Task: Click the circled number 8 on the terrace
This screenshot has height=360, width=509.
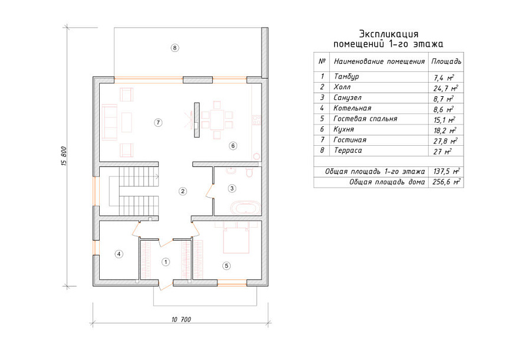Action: pyautogui.click(x=175, y=48)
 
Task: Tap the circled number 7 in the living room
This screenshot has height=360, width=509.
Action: pyautogui.click(x=158, y=123)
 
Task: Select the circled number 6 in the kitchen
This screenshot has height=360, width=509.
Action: pyautogui.click(x=233, y=146)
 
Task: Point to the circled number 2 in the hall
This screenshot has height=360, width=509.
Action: pyautogui.click(x=183, y=191)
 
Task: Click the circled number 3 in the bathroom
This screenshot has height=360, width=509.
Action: pyautogui.click(x=232, y=188)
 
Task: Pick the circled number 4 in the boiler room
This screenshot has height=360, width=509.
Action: pyautogui.click(x=119, y=254)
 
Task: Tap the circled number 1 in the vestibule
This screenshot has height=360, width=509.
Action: pyautogui.click(x=166, y=262)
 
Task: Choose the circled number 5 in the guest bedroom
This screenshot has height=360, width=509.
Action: pyautogui.click(x=226, y=266)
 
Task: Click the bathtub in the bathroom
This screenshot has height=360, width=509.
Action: pyautogui.click(x=245, y=208)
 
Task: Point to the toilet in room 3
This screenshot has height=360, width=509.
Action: pyautogui.click(x=249, y=172)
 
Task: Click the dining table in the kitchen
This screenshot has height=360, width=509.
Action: pyautogui.click(x=217, y=120)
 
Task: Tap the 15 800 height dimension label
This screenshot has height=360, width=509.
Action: pyautogui.click(x=64, y=156)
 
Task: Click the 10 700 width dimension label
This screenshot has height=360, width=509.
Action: pyautogui.click(x=181, y=320)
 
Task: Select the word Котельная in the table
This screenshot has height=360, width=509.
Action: pyautogui.click(x=352, y=108)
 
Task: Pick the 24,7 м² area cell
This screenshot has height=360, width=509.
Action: pyautogui.click(x=446, y=88)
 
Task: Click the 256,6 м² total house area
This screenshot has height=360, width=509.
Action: pyautogui.click(x=446, y=182)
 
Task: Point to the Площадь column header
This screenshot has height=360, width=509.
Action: pyautogui.click(x=446, y=62)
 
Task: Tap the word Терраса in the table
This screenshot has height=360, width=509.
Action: pyautogui.click(x=347, y=150)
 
